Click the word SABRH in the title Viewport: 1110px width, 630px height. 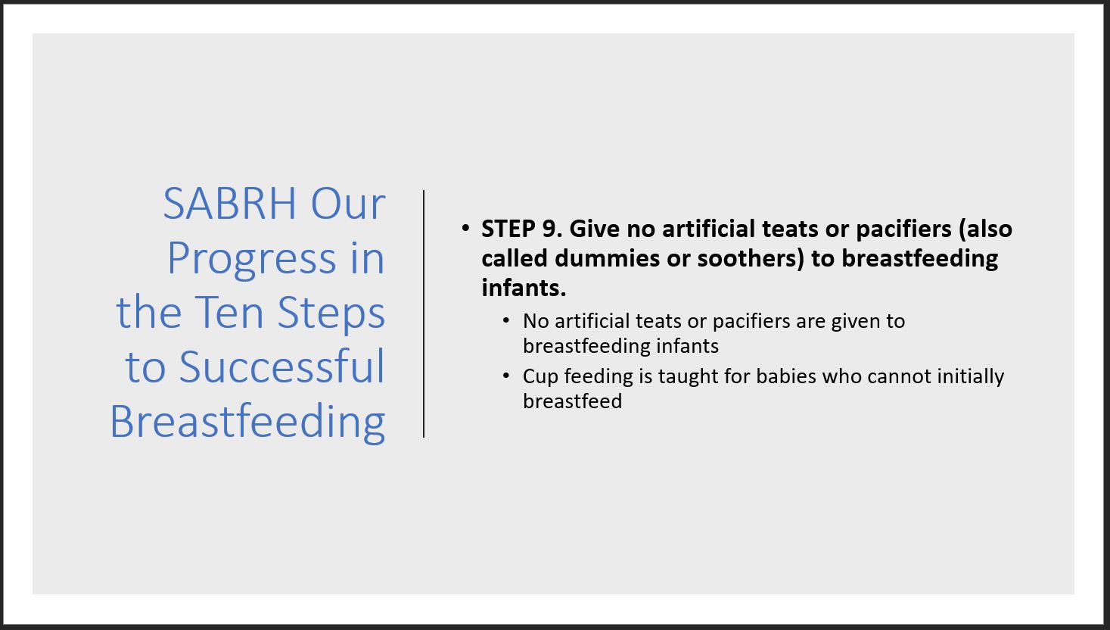[230, 204]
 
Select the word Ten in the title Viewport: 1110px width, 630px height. [229, 313]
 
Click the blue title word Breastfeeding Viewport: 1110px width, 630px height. [247, 422]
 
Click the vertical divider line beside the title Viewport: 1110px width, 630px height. [424, 313]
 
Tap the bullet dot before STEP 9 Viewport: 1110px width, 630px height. [465, 228]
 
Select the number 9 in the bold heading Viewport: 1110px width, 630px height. [549, 229]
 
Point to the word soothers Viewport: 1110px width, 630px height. [751, 258]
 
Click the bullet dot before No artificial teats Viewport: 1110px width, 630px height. [506, 320]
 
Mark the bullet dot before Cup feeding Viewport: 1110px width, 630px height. [506, 376]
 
